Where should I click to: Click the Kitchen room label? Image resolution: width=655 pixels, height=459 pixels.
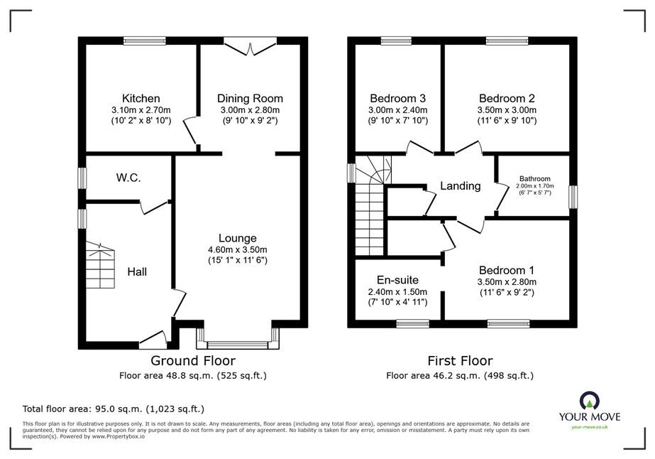pyautogui.click(x=141, y=98)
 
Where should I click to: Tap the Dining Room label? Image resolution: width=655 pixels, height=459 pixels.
pyautogui.click(x=250, y=98)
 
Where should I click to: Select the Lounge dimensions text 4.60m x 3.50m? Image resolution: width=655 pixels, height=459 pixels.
pyautogui.click(x=237, y=250)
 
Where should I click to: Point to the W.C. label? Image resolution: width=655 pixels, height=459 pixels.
pyautogui.click(x=128, y=178)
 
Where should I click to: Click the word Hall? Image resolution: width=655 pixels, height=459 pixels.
pyautogui.click(x=137, y=272)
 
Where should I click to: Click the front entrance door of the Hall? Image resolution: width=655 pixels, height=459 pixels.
pyautogui.click(x=153, y=340)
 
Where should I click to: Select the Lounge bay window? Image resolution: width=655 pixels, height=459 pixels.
pyautogui.click(x=237, y=339)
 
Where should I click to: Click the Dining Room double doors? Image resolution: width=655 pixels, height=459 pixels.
pyautogui.click(x=250, y=46)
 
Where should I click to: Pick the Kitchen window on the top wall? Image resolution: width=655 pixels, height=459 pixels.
pyautogui.click(x=145, y=40)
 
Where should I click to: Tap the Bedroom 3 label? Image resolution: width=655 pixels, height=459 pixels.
pyautogui.click(x=397, y=98)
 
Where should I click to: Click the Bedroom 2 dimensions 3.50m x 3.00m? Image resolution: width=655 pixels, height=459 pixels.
pyautogui.click(x=507, y=110)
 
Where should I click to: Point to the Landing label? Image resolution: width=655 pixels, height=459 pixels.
pyautogui.click(x=461, y=185)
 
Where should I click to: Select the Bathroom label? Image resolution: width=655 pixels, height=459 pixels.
pyautogui.click(x=534, y=178)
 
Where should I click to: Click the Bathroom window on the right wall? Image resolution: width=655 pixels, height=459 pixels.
pyautogui.click(x=573, y=197)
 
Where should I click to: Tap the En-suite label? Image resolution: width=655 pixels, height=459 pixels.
pyautogui.click(x=397, y=280)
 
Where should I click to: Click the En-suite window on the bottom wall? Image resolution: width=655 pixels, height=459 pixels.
pyautogui.click(x=413, y=323)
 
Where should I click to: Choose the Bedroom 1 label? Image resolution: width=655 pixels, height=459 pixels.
pyautogui.click(x=507, y=270)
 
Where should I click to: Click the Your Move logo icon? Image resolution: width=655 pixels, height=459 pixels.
pyautogui.click(x=589, y=401)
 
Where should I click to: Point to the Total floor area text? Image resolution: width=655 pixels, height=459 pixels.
pyautogui.click(x=114, y=409)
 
